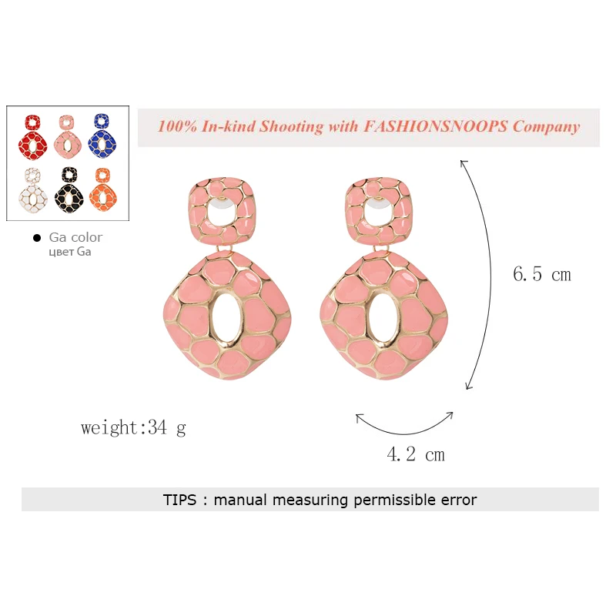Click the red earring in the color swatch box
32,138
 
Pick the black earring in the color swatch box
69,189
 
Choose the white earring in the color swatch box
33,190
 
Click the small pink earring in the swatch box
68,137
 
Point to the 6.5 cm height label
542,274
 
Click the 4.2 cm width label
416,454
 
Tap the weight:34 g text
133,428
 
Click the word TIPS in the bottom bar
179,500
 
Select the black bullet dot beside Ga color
37,238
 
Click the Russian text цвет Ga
70,252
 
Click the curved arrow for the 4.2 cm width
405,434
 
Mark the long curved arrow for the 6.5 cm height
490,275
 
